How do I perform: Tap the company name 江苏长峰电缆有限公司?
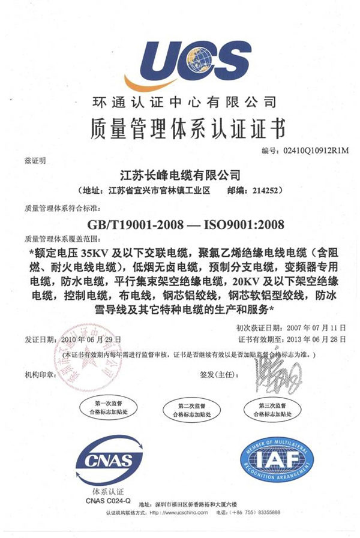180,176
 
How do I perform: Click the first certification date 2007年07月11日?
317,328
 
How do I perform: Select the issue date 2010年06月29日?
95,339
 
